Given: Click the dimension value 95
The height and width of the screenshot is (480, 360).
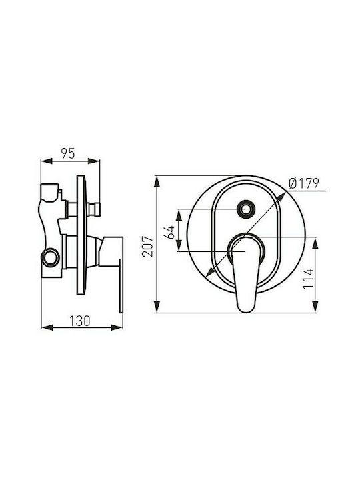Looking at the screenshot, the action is (x=67, y=153).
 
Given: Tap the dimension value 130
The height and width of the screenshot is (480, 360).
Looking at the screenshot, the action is (x=80, y=321).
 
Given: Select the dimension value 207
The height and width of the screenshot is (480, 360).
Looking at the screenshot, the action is (x=147, y=246).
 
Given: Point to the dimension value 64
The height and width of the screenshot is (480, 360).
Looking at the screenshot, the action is (x=169, y=232).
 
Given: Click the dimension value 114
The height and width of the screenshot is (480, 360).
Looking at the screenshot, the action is (x=308, y=278).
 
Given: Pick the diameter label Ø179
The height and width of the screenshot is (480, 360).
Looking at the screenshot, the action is (x=304, y=183).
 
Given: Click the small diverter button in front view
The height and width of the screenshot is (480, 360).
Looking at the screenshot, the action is (x=245, y=209).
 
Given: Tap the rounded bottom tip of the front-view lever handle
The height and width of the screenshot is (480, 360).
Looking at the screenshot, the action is (x=246, y=310).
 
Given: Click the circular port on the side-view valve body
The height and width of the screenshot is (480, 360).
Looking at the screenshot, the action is (x=50, y=258).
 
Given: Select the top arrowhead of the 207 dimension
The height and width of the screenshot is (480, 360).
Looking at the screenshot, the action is (x=157, y=181).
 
